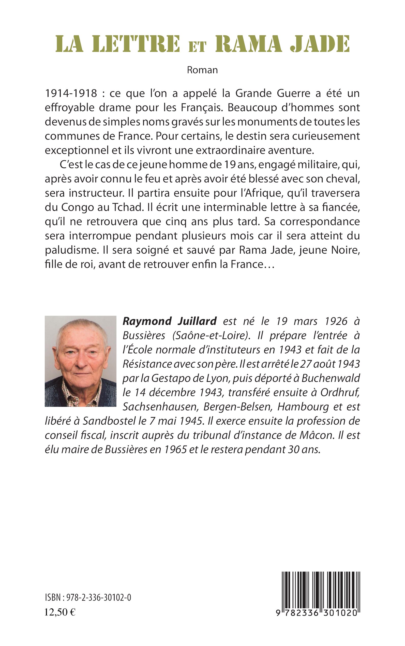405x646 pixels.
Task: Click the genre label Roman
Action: [202, 70]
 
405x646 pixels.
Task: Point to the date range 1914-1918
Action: [71, 93]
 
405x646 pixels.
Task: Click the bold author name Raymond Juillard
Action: [170, 321]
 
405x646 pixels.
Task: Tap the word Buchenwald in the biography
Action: [331, 378]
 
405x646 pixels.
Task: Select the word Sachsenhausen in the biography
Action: [160, 407]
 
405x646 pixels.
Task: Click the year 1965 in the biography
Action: [175, 449]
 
